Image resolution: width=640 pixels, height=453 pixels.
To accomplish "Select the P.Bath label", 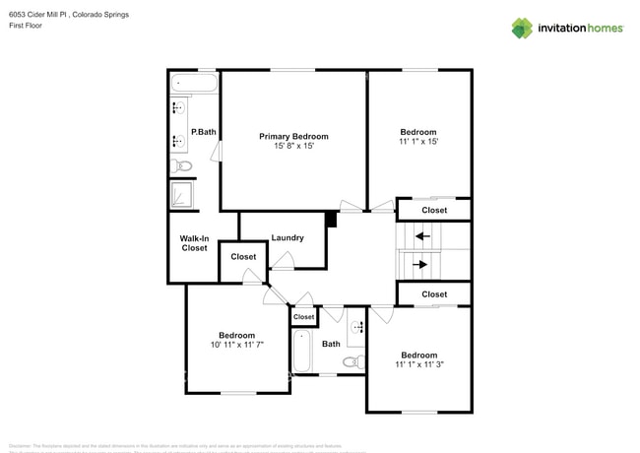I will tap(204, 132).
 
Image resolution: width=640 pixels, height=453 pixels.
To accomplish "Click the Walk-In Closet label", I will tap(194, 243).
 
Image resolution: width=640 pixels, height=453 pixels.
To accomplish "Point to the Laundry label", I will tap(288, 237).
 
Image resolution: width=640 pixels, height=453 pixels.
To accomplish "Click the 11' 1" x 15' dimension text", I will tap(418, 142).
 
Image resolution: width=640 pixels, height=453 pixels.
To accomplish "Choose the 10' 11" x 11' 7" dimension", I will tap(237, 345).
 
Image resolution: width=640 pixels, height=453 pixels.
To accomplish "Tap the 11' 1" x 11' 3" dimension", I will tap(418, 364).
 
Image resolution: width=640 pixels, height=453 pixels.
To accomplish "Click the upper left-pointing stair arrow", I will tap(422, 236).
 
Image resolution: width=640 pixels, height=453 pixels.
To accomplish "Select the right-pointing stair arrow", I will tap(422, 264).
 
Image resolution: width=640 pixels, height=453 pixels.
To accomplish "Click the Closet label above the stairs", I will tap(434, 210).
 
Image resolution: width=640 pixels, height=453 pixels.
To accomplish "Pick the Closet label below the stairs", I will tap(434, 294).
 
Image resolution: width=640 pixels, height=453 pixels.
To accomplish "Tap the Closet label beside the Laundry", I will tap(243, 257).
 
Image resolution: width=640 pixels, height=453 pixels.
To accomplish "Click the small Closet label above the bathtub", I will tap(304, 317).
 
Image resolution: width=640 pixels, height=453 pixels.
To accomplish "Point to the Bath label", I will tap(331, 344).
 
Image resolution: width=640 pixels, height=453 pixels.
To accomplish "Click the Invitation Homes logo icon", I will tap(522, 28).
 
